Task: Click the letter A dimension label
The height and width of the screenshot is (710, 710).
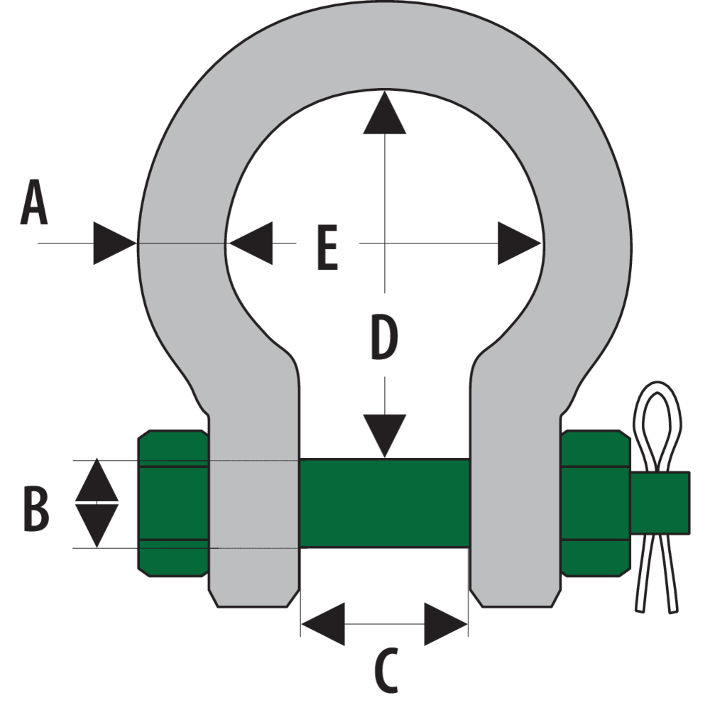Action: point(34,204)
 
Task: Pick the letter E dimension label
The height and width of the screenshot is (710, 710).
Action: point(327,249)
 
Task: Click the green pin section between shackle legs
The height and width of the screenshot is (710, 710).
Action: point(384,503)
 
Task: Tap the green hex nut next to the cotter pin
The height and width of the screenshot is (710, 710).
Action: point(595,503)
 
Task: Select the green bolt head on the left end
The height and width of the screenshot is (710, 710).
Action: point(173,503)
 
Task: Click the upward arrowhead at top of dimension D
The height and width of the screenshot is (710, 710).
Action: point(384,114)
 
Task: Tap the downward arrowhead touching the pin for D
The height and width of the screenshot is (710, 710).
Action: point(384,435)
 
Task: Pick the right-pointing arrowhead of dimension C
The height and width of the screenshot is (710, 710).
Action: point(445,624)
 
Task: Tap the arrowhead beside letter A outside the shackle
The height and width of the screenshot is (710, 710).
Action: point(114,244)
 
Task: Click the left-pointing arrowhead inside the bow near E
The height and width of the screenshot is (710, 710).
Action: point(249,243)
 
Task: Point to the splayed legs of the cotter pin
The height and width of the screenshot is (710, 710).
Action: point(657,575)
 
